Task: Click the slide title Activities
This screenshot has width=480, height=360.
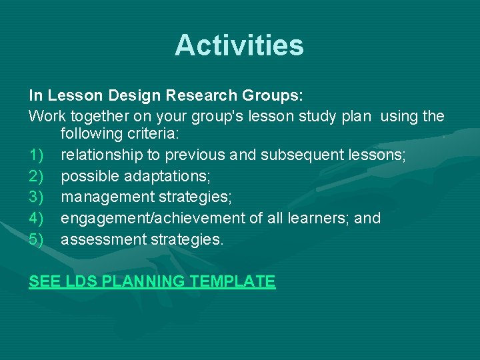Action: [239, 45]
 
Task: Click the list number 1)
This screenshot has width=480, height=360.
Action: [37, 155]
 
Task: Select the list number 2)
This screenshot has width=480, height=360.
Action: [37, 177]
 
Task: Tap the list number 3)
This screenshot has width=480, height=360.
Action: [37, 197]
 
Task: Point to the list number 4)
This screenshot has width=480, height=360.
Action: [37, 218]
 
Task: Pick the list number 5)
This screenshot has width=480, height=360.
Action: [37, 239]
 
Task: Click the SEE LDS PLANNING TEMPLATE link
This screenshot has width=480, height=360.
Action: [152, 281]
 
